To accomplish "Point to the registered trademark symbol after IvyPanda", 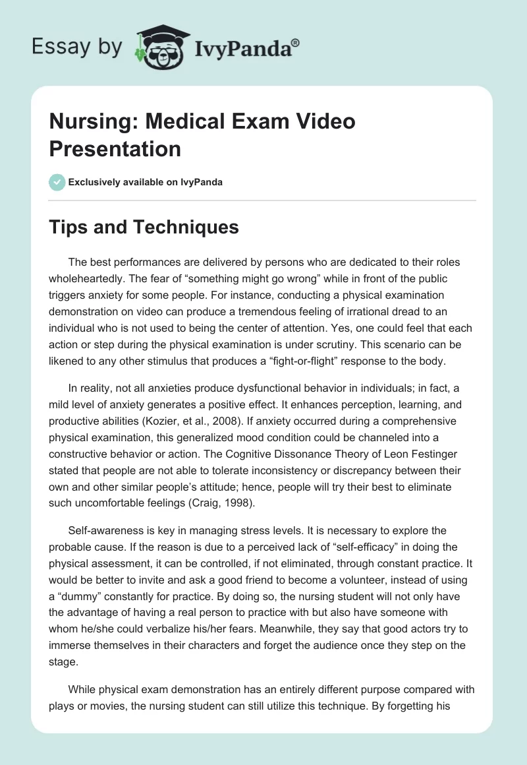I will coord(296,42).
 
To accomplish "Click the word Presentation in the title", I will coord(115,148).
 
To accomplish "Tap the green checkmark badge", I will coord(57,182).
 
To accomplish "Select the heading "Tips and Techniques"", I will coord(144,227).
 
